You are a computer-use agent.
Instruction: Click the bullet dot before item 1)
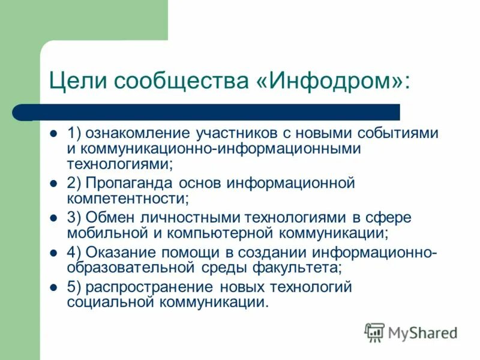53,133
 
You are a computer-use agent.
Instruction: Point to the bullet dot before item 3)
53,218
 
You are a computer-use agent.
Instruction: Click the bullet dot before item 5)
53,287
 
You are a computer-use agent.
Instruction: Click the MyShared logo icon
375,332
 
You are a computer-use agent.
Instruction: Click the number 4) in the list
74,253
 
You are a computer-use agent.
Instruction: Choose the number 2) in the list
74,183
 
